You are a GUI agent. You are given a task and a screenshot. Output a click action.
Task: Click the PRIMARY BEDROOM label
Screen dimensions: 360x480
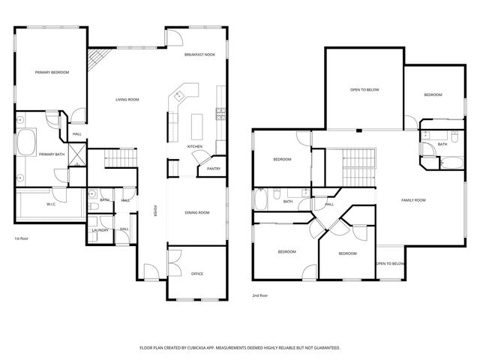[52, 72]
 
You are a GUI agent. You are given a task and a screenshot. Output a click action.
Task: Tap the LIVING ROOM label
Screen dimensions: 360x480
[127, 100]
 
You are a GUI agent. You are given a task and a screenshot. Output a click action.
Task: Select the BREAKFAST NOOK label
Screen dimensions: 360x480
[200, 55]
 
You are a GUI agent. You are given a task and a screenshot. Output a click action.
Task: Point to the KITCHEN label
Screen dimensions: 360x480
[195, 145]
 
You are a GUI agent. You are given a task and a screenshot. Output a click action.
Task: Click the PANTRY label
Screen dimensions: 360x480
[213, 169]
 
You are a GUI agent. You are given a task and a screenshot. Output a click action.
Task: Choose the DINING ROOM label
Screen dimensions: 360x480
[196, 213]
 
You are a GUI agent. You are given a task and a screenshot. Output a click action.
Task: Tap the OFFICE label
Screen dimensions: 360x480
[197, 273]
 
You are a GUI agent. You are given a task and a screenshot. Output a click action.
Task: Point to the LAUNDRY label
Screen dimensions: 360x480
[100, 230]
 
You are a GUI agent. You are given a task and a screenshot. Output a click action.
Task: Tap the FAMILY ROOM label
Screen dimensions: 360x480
[413, 199]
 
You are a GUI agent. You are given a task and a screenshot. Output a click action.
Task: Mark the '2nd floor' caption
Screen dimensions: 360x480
[259, 295]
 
